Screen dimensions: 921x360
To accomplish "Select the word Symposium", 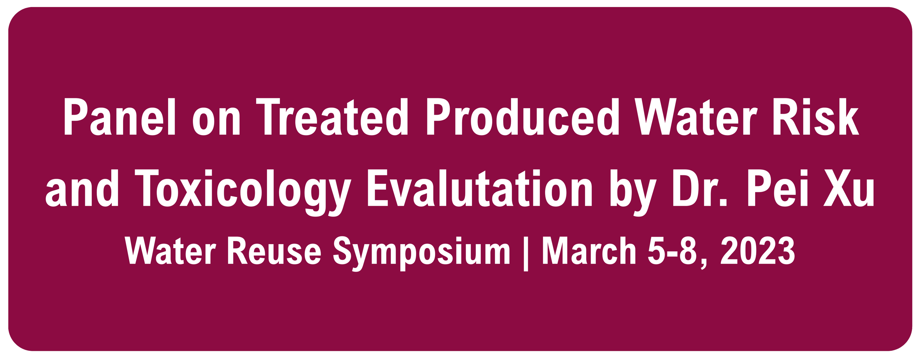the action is pos(422,254).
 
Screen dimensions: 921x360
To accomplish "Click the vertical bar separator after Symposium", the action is pos(525,254).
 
